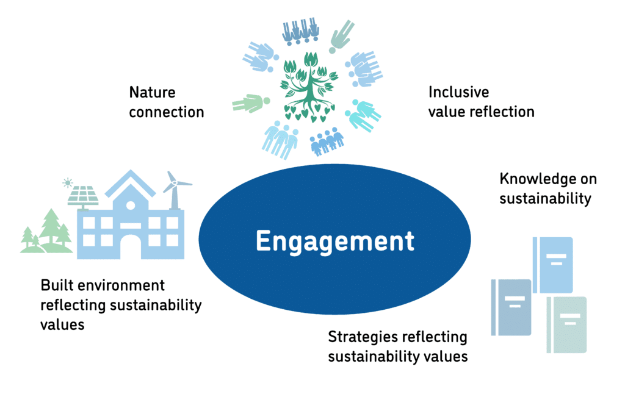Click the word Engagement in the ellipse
pos(334,241)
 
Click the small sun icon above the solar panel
pos(67,182)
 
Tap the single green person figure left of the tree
pos(248,102)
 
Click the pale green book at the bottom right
pos(567,324)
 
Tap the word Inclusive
pos(458,92)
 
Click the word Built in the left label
pos(56,285)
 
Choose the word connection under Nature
pos(166,112)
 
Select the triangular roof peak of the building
pos(130,181)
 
